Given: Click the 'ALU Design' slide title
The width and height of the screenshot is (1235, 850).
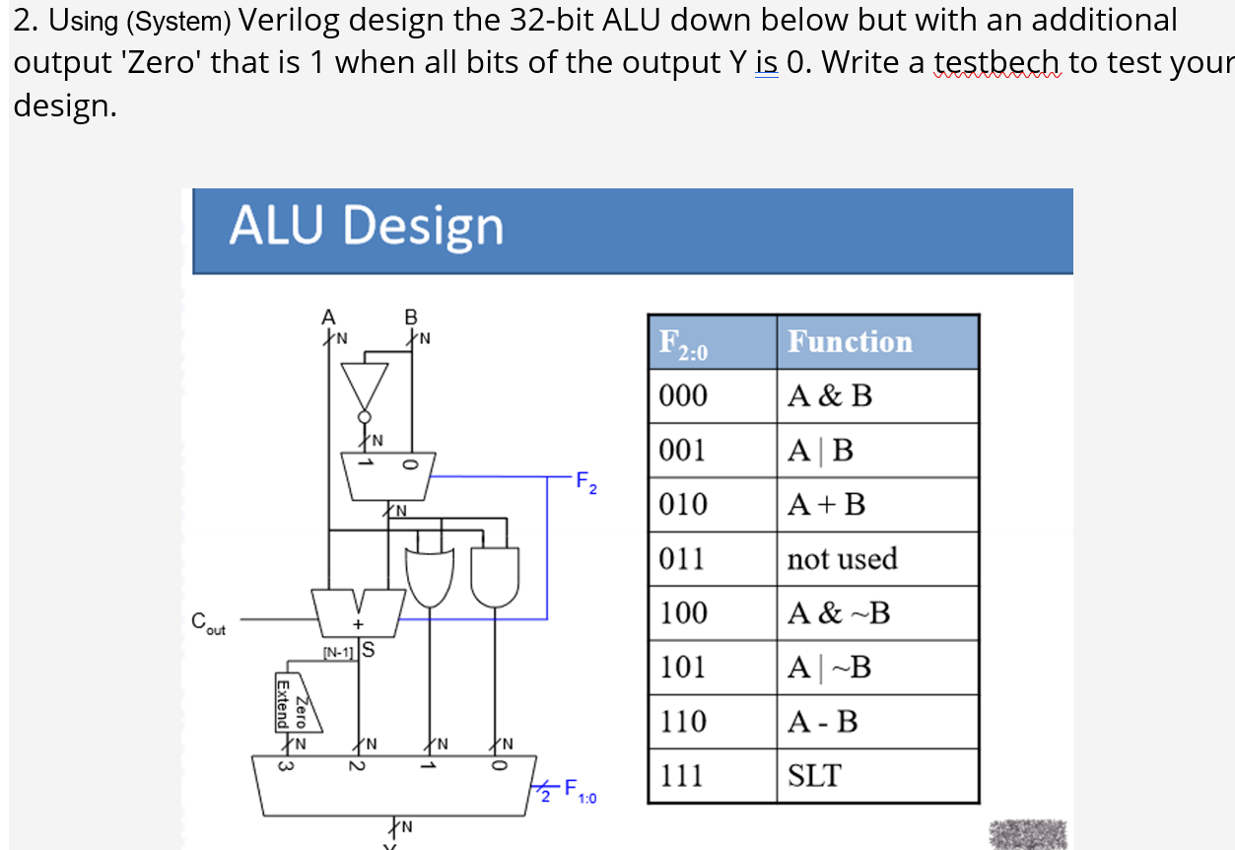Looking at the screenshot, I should tap(366, 226).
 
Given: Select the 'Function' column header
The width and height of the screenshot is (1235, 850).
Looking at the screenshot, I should tap(850, 342).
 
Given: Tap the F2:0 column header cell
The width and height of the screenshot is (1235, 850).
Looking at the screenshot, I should tap(683, 343).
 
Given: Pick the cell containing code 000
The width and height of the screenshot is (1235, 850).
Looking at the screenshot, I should tap(683, 396).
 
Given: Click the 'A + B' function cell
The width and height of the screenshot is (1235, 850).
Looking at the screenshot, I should tap(826, 505).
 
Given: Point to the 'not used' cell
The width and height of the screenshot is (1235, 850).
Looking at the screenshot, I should tap(842, 559).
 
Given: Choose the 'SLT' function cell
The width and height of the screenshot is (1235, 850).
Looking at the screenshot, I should tap(813, 776).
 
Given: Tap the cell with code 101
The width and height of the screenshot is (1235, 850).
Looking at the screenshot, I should tap(683, 668).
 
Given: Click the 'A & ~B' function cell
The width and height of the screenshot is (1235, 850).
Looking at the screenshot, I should tap(838, 613).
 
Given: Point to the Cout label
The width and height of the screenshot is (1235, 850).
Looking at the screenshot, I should tap(208, 622).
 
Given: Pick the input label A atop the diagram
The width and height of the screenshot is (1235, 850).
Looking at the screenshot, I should tap(328, 318).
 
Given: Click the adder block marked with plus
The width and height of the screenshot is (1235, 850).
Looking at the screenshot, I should tap(358, 612).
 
